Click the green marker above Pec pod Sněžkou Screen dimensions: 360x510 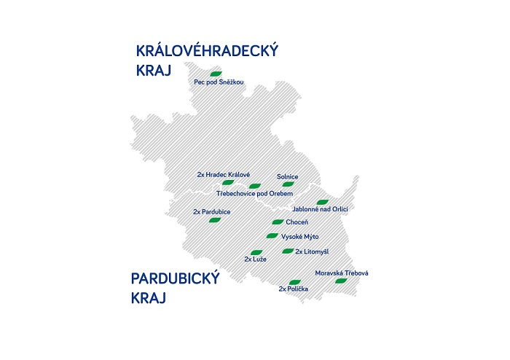[x=215, y=74]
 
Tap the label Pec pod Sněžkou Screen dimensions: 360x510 [x=219, y=83]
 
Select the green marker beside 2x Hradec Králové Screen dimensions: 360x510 [x=227, y=183]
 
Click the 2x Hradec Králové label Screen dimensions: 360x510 [x=224, y=175]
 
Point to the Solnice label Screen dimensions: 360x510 [x=288, y=176]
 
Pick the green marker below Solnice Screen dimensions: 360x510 [x=288, y=184]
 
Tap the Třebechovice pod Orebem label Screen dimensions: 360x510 [x=255, y=194]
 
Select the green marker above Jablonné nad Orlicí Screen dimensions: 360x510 [x=322, y=202]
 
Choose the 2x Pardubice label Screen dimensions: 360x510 [x=212, y=211]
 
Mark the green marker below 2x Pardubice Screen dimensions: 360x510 [x=215, y=220]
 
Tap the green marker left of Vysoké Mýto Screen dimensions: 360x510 [x=272, y=236]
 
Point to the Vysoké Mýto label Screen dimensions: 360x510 [x=300, y=236]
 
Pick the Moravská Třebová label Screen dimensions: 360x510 [x=342, y=273]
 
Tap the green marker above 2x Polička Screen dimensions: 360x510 [x=294, y=281]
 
